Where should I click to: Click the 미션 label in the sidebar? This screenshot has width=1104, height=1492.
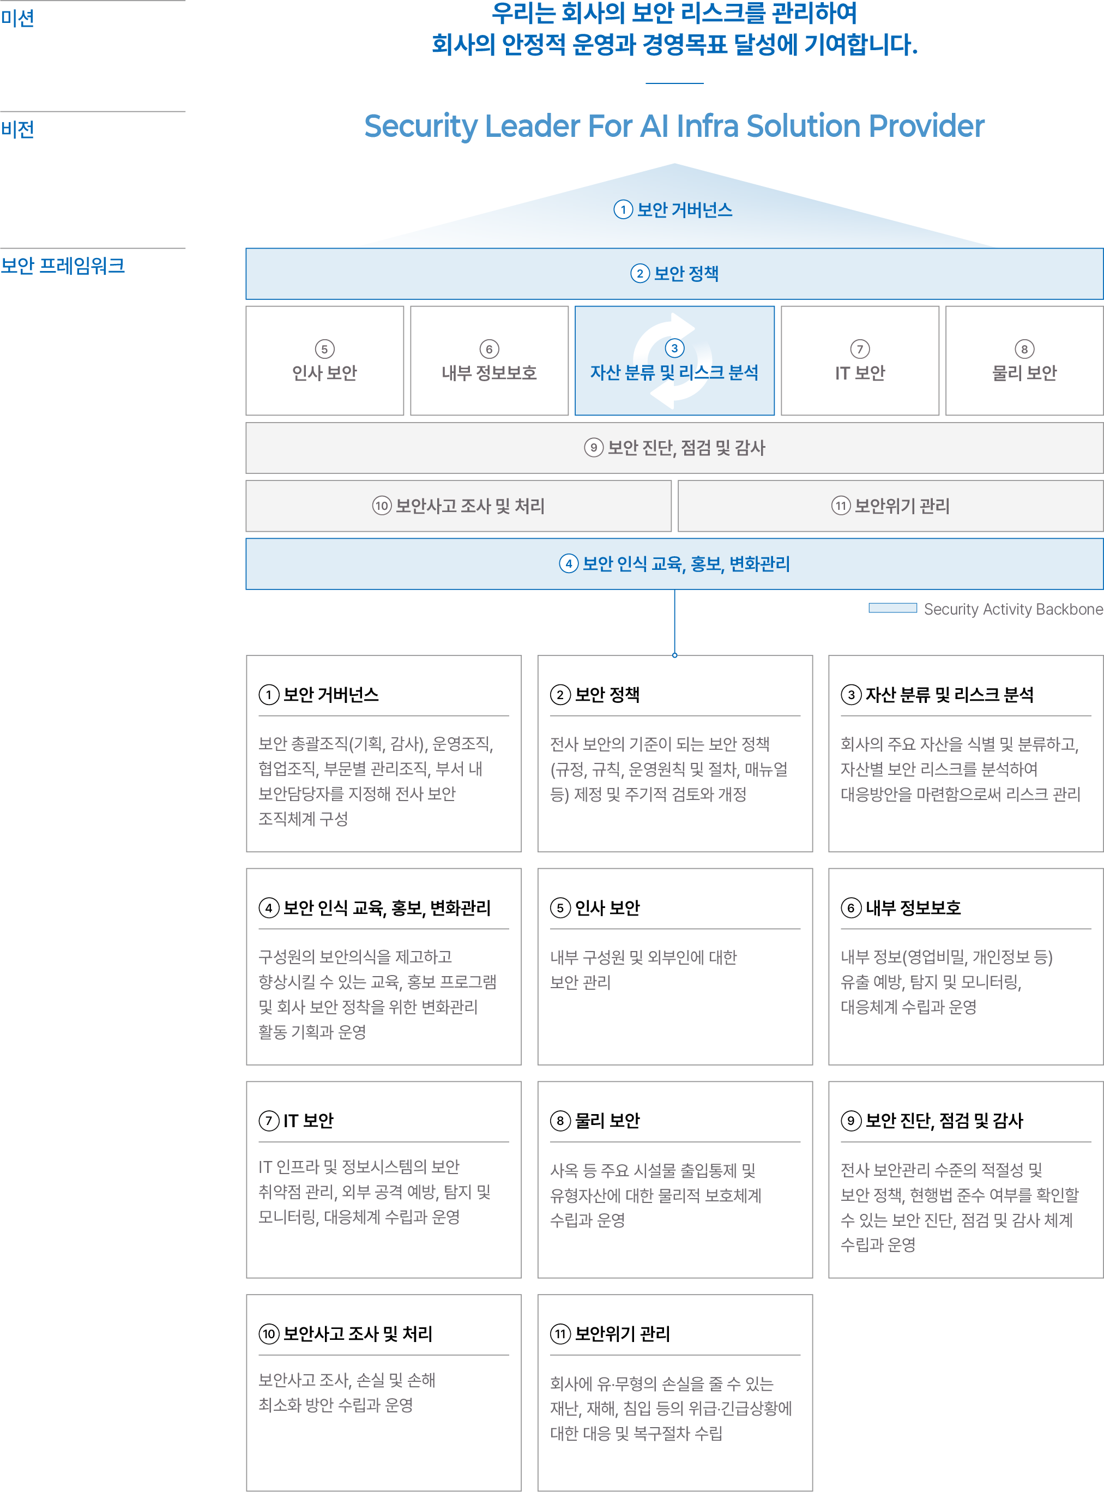[17, 18]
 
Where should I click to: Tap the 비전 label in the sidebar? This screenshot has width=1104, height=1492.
[17, 129]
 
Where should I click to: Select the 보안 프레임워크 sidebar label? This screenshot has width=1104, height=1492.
[63, 266]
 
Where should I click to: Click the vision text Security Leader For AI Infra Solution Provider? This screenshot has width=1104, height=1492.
[674, 127]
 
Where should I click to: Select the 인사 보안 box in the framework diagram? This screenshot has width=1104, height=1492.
[325, 361]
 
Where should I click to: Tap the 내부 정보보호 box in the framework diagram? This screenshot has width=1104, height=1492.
[489, 361]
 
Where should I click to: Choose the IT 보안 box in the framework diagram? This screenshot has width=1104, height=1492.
[860, 361]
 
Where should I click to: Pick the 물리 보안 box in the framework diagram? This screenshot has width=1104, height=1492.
[1024, 361]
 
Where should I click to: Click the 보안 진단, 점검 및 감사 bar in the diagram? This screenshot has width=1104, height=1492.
[674, 448]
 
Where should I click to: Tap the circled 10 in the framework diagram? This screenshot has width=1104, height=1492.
[382, 506]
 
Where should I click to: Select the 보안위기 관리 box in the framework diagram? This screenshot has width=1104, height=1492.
[890, 506]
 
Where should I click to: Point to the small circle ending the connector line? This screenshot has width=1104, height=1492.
[675, 655]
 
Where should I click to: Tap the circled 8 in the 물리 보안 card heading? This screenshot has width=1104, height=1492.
[560, 1121]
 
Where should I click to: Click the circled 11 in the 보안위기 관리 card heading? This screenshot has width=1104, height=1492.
[560, 1334]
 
